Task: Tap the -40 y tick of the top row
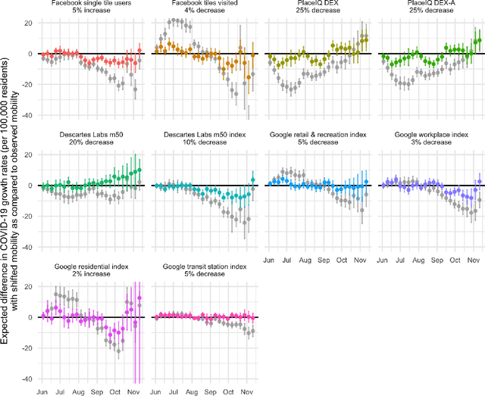(x=26, y=116)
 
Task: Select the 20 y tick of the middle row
(x=27, y=154)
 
